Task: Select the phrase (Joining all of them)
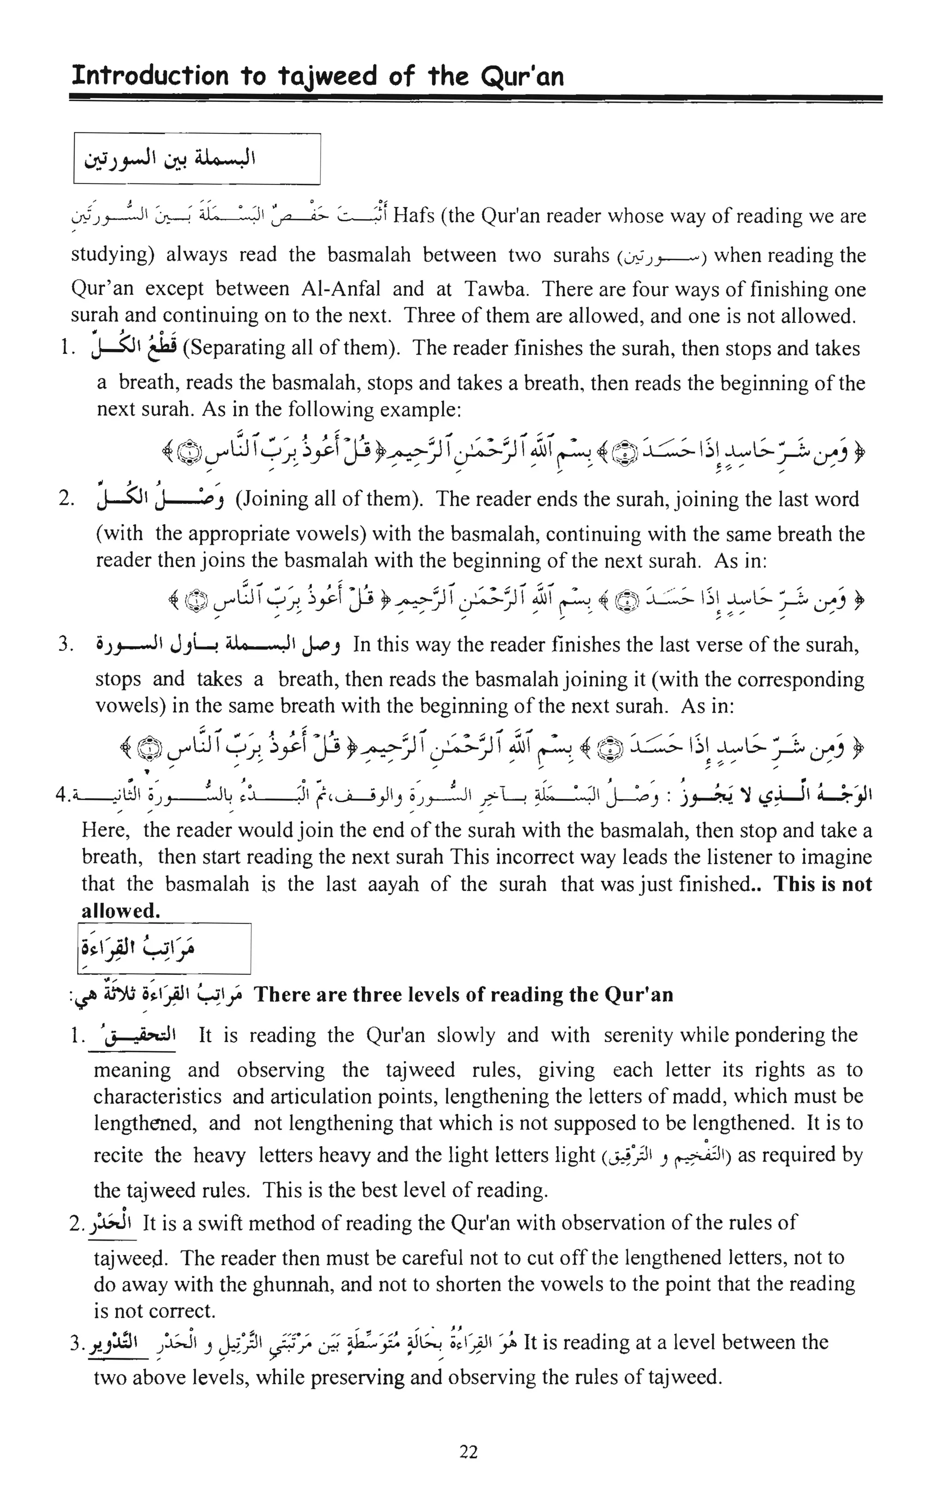[x=330, y=499]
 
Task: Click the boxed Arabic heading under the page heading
[x=197, y=159]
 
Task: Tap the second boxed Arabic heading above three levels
[x=164, y=949]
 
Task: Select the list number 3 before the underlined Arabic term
[x=76, y=1344]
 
